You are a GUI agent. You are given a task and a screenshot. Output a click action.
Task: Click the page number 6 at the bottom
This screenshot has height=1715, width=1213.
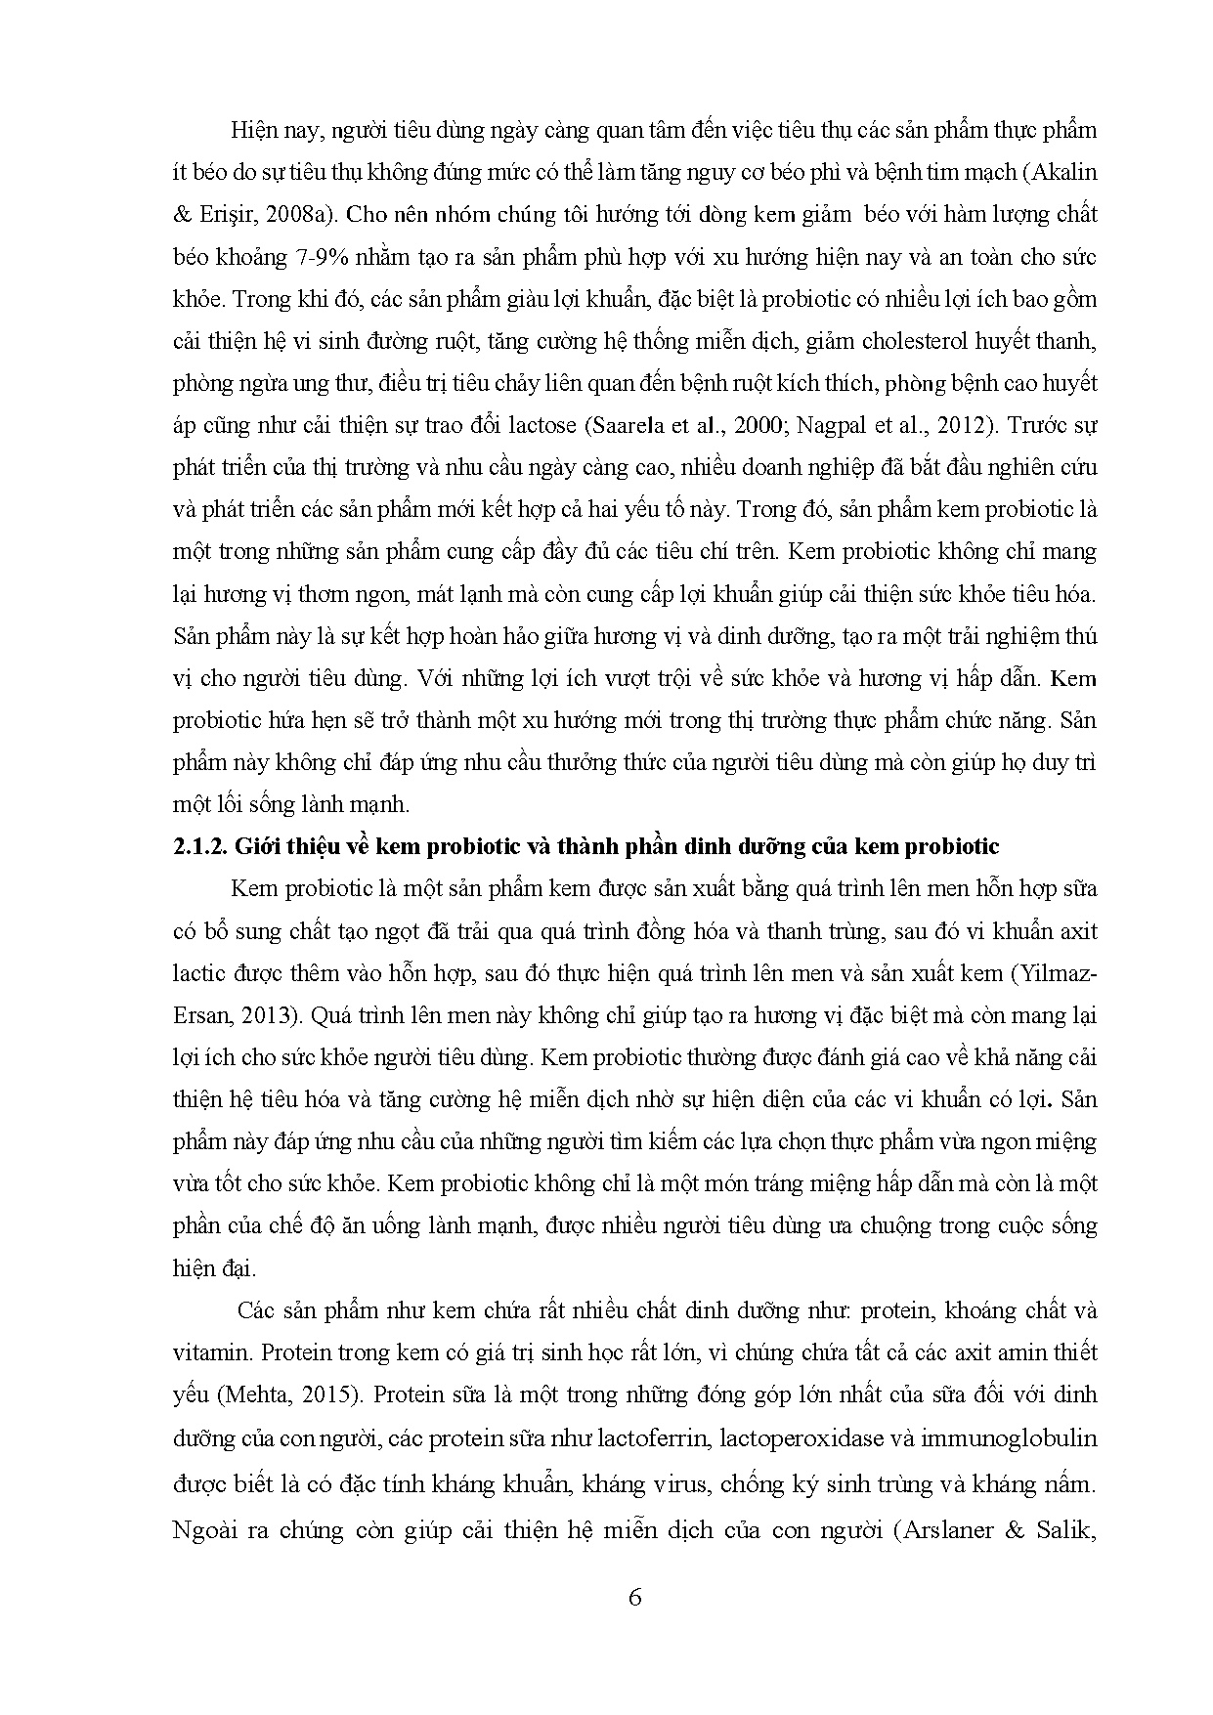tap(634, 1599)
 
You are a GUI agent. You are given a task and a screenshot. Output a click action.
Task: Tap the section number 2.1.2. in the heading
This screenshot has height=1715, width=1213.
tap(198, 847)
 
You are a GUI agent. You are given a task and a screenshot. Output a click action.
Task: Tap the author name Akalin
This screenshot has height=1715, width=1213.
tap(1067, 172)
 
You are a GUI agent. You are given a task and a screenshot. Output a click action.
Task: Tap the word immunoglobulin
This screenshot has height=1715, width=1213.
tap(1022, 1438)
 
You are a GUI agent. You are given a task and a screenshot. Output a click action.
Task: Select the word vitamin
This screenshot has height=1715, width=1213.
tap(203, 1353)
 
